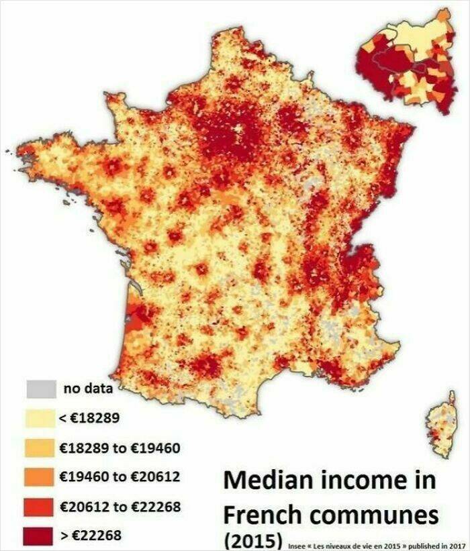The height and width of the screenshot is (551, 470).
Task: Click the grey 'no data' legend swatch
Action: (x=40, y=389)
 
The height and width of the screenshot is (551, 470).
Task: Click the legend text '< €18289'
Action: (x=89, y=418)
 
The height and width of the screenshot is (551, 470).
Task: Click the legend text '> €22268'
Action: (x=89, y=536)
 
